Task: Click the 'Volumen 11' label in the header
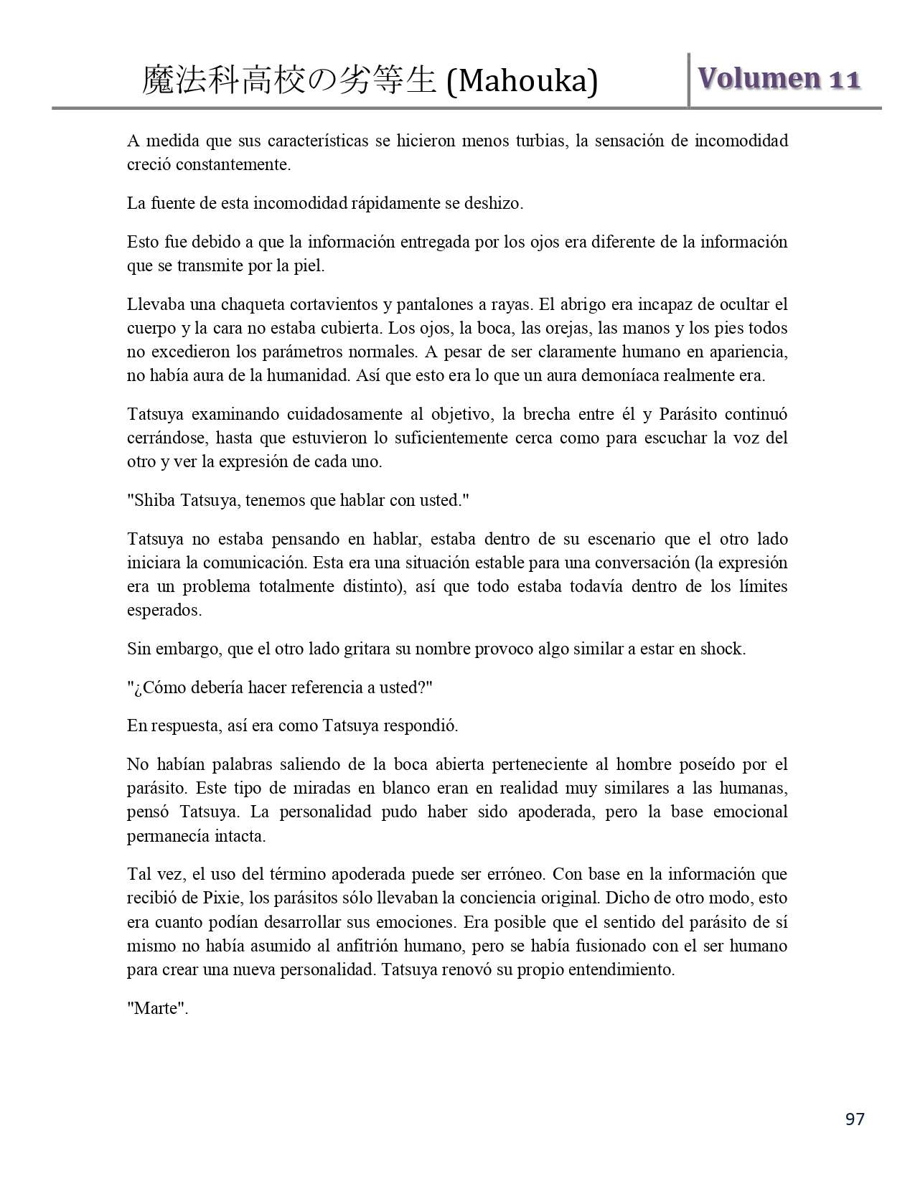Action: pyautogui.click(x=778, y=79)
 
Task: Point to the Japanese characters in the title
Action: pyautogui.click(x=289, y=80)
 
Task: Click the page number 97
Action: pyautogui.click(x=855, y=1119)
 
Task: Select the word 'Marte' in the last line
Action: pyautogui.click(x=157, y=1008)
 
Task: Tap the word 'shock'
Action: pyautogui.click(x=722, y=649)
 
